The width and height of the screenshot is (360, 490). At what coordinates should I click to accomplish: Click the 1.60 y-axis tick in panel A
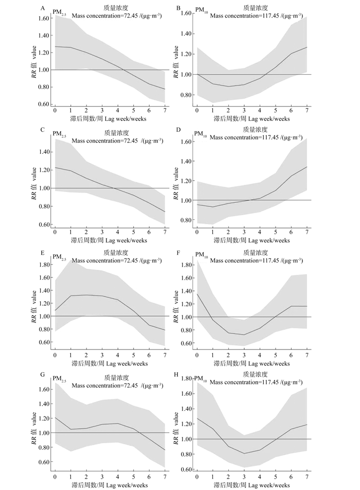[x=42, y=18]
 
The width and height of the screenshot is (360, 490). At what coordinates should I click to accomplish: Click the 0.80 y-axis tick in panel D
[x=185, y=220]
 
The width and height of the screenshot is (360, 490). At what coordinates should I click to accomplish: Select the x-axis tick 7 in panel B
[x=307, y=111]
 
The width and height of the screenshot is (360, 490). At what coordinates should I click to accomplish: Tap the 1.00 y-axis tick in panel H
[x=185, y=439]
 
